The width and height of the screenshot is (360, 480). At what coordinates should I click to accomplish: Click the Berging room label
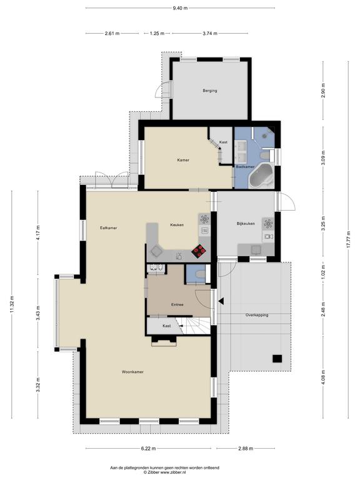coord(210,91)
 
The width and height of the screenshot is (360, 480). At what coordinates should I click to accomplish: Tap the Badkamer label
coord(245,167)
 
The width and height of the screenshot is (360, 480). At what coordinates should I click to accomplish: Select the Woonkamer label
coord(132,372)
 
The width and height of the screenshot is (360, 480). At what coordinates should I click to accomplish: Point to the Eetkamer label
coord(108,227)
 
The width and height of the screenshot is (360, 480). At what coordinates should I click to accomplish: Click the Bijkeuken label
coord(246,224)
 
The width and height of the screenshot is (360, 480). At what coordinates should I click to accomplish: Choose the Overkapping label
coord(257,315)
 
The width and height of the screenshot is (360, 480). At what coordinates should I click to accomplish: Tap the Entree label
coord(177,304)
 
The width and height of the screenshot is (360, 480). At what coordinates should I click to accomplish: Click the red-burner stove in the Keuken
coord(199,251)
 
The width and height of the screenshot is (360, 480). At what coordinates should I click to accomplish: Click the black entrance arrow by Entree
coord(221,301)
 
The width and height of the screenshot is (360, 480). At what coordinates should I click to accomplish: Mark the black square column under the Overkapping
coord(277,359)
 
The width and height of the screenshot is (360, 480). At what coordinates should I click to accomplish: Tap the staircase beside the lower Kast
coord(194,326)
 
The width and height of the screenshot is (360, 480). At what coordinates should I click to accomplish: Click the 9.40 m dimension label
coord(180,8)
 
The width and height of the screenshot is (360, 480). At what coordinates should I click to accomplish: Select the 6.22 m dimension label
coord(148,449)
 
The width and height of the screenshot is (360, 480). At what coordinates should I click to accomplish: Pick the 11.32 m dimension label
coord(12,304)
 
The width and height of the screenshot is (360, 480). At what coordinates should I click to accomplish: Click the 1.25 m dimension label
coord(157,33)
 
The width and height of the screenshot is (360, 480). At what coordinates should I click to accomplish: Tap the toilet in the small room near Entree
coord(200,273)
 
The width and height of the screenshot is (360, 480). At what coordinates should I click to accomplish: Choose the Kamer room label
coord(183,160)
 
